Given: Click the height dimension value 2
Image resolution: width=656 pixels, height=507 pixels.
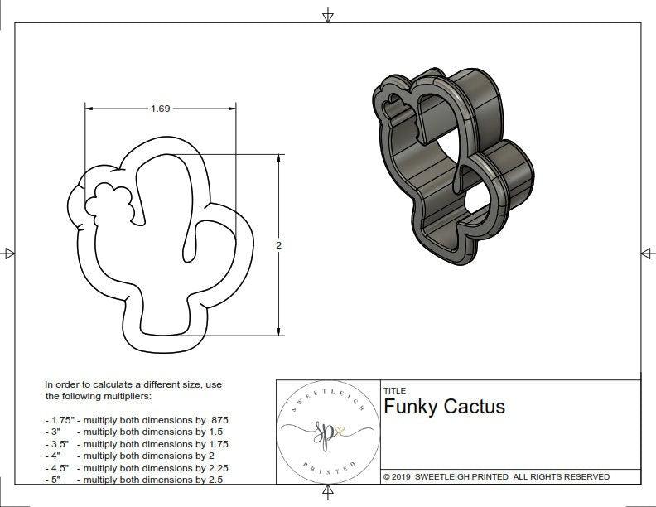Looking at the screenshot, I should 278,245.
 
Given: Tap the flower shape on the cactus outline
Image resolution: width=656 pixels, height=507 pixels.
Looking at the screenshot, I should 109,201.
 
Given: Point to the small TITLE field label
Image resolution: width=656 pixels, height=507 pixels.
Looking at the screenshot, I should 394,390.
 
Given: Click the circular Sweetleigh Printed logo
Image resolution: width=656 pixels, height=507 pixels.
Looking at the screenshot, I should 327,432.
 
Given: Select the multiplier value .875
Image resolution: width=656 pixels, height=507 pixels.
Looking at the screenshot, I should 218,420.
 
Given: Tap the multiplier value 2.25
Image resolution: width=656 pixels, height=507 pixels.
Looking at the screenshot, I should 213,467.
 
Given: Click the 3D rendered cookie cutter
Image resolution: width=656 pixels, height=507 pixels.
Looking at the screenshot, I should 451,166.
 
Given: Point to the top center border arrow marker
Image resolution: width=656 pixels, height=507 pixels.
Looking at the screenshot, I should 329,15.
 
